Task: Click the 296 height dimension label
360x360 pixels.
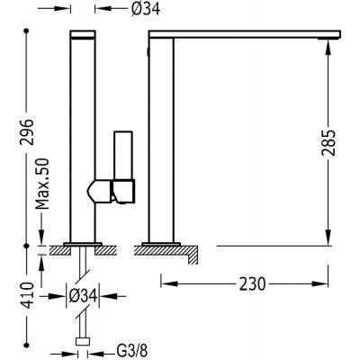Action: [27, 132]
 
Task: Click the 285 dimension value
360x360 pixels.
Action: [328, 143]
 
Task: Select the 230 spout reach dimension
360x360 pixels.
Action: [252, 283]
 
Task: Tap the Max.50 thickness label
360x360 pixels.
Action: [42, 184]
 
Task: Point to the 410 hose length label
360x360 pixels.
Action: [28, 295]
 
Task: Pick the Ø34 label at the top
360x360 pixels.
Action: [146, 9]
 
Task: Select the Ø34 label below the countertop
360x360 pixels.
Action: [83, 296]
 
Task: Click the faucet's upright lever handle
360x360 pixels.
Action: [123, 156]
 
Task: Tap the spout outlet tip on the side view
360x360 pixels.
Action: [328, 39]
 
